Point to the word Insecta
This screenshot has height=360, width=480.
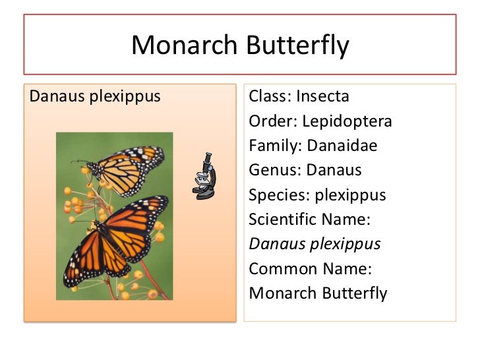(x=322, y=96)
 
